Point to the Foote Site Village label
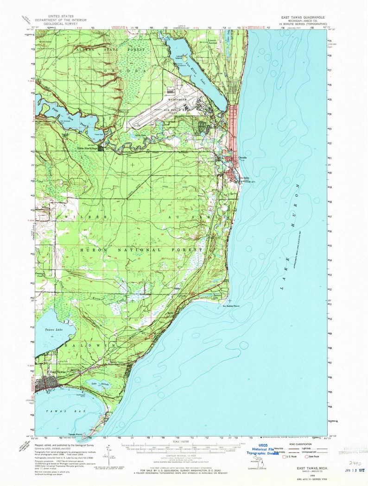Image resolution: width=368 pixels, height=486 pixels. pyautogui.click(x=86, y=149)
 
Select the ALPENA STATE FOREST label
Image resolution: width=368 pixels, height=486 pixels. pyautogui.click(x=112, y=49)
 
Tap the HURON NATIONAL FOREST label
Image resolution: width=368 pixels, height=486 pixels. pyautogui.click(x=134, y=250)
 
